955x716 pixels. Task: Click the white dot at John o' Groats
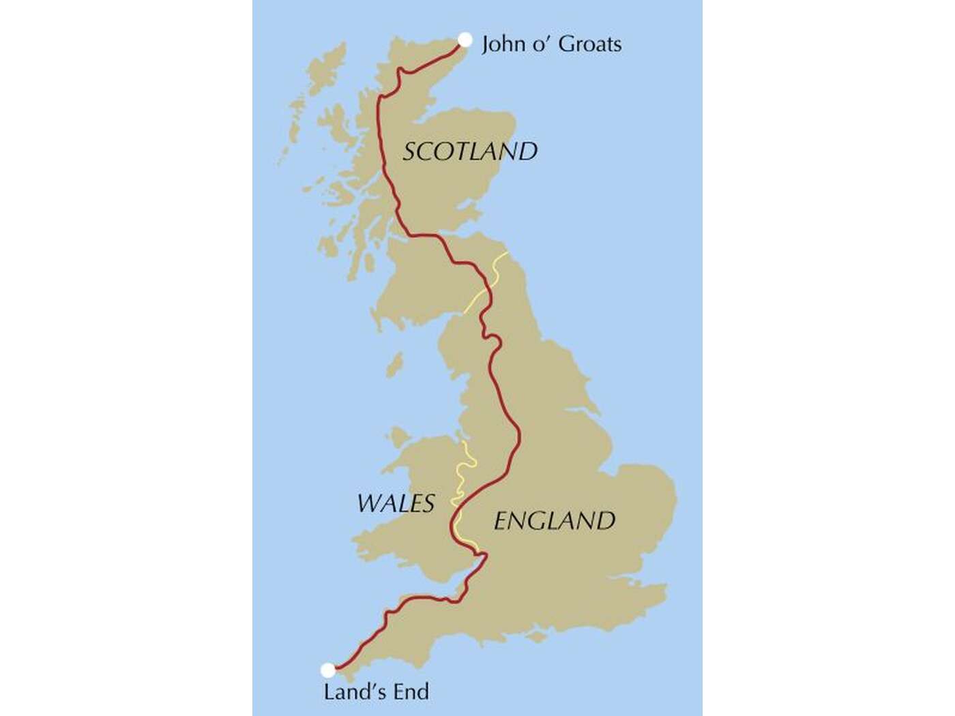click(x=465, y=40)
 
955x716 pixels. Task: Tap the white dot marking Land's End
click(x=328, y=670)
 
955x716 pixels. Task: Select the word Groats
click(x=590, y=44)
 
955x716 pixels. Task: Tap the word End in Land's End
click(x=410, y=692)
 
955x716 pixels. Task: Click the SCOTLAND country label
click(x=470, y=151)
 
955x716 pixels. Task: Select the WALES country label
click(x=396, y=504)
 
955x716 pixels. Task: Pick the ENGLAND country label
click(x=554, y=521)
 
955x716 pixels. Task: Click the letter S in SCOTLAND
click(x=410, y=151)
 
